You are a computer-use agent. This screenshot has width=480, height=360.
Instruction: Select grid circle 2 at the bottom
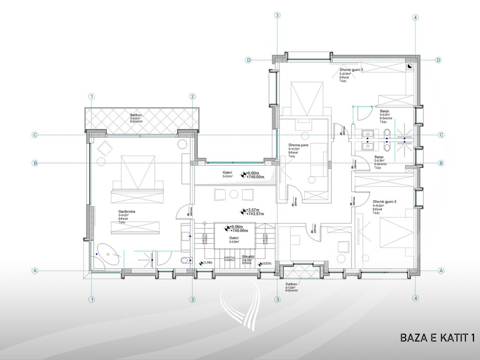[192, 300]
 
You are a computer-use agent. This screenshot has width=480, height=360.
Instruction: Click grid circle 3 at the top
[277, 15]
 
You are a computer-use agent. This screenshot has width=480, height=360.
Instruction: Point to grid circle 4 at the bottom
[415, 298]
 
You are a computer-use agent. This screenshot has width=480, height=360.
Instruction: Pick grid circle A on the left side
[35, 270]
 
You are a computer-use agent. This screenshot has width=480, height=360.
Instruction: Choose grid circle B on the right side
[441, 163]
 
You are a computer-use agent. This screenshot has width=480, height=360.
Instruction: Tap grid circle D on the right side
[438, 60]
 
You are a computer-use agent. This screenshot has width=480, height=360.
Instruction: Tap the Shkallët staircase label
[248, 257]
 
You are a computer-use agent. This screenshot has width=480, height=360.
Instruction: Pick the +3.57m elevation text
[253, 210]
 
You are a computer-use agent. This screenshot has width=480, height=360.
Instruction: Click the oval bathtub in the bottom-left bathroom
[108, 255]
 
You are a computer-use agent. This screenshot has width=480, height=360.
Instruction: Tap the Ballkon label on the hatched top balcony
[136, 114]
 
